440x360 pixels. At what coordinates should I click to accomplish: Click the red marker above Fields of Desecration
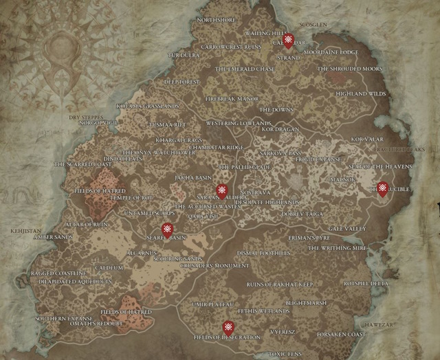pyautogui.click(x=228, y=327)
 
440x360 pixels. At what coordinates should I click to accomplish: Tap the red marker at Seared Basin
pyautogui.click(x=166, y=229)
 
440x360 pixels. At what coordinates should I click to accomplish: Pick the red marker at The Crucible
pyautogui.click(x=382, y=183)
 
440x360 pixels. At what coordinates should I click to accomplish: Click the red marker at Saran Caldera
pyautogui.click(x=221, y=190)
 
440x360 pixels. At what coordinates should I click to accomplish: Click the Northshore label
pyautogui.click(x=217, y=21)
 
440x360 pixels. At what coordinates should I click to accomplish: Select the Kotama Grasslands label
pyautogui.click(x=148, y=106)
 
